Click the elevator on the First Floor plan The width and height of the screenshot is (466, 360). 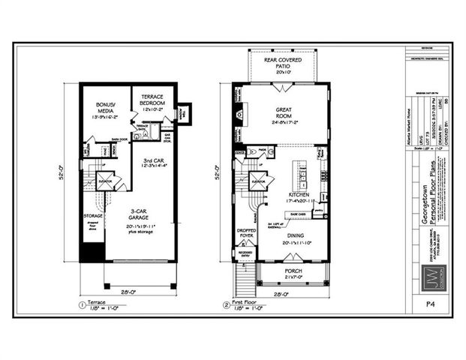258,181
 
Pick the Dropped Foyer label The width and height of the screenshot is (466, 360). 245,234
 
